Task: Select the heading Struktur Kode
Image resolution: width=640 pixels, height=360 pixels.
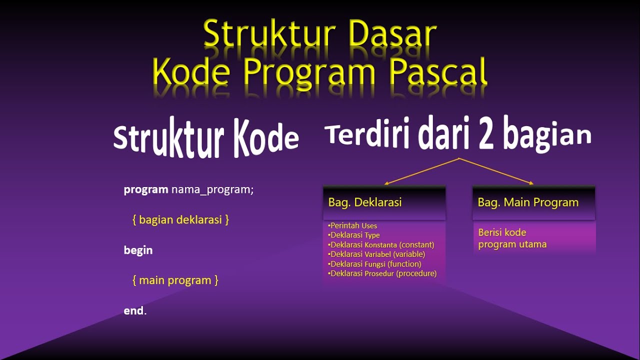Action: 205,140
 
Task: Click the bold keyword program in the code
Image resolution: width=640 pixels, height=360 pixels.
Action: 145,190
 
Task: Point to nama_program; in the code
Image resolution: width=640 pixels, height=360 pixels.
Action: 212,190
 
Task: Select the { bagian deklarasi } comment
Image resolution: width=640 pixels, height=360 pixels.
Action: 180,220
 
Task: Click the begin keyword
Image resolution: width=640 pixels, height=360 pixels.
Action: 138,250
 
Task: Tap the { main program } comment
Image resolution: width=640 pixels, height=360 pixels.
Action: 175,280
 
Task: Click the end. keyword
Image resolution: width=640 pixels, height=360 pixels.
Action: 135,310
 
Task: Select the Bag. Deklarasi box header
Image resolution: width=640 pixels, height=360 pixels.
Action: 384,202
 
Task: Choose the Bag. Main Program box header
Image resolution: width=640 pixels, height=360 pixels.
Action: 533,202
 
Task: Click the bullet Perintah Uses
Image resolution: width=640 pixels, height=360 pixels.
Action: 353,225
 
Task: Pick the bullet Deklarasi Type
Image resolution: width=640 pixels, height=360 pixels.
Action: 354,235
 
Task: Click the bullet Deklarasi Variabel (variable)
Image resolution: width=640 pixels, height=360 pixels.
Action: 377,254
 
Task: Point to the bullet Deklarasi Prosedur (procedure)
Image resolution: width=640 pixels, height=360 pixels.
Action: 383,273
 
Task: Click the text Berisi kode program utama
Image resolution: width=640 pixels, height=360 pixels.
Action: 512,238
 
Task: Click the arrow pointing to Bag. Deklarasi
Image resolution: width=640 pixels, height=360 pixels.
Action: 420,171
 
